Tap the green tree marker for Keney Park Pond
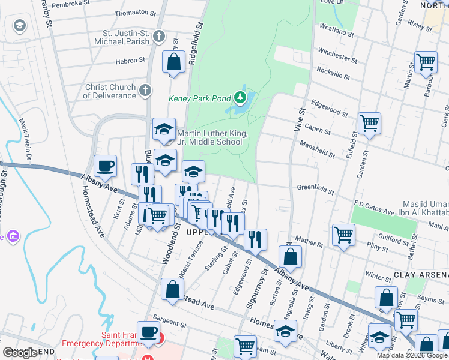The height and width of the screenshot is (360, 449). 240,97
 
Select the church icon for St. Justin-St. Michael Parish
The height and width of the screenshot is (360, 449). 159,37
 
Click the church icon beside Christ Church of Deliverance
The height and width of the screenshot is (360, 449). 145,91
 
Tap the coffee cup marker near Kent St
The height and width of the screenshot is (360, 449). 105,166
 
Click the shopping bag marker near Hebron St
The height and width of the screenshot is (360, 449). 173,62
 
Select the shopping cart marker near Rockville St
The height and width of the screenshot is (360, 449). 425,62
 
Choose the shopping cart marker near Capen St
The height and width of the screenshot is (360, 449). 369,124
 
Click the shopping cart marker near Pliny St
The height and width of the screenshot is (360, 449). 343,235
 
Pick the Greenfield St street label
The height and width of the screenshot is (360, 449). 315,188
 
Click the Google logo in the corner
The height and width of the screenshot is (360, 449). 20,353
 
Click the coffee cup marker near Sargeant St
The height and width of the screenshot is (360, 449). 148,332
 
